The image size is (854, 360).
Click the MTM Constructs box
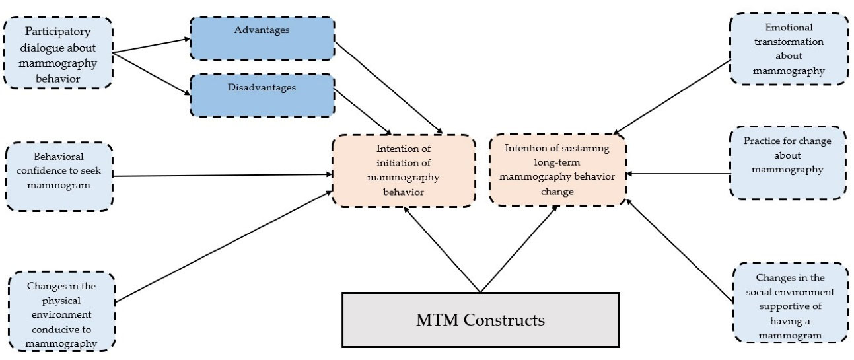(480, 320)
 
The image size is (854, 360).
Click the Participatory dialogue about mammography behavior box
(58, 52)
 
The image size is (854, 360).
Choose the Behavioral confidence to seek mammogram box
(59, 176)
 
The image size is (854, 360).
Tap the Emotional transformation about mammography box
(789, 49)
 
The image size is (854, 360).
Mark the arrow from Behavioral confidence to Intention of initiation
(225, 176)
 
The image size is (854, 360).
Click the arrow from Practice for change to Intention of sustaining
(678, 175)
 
